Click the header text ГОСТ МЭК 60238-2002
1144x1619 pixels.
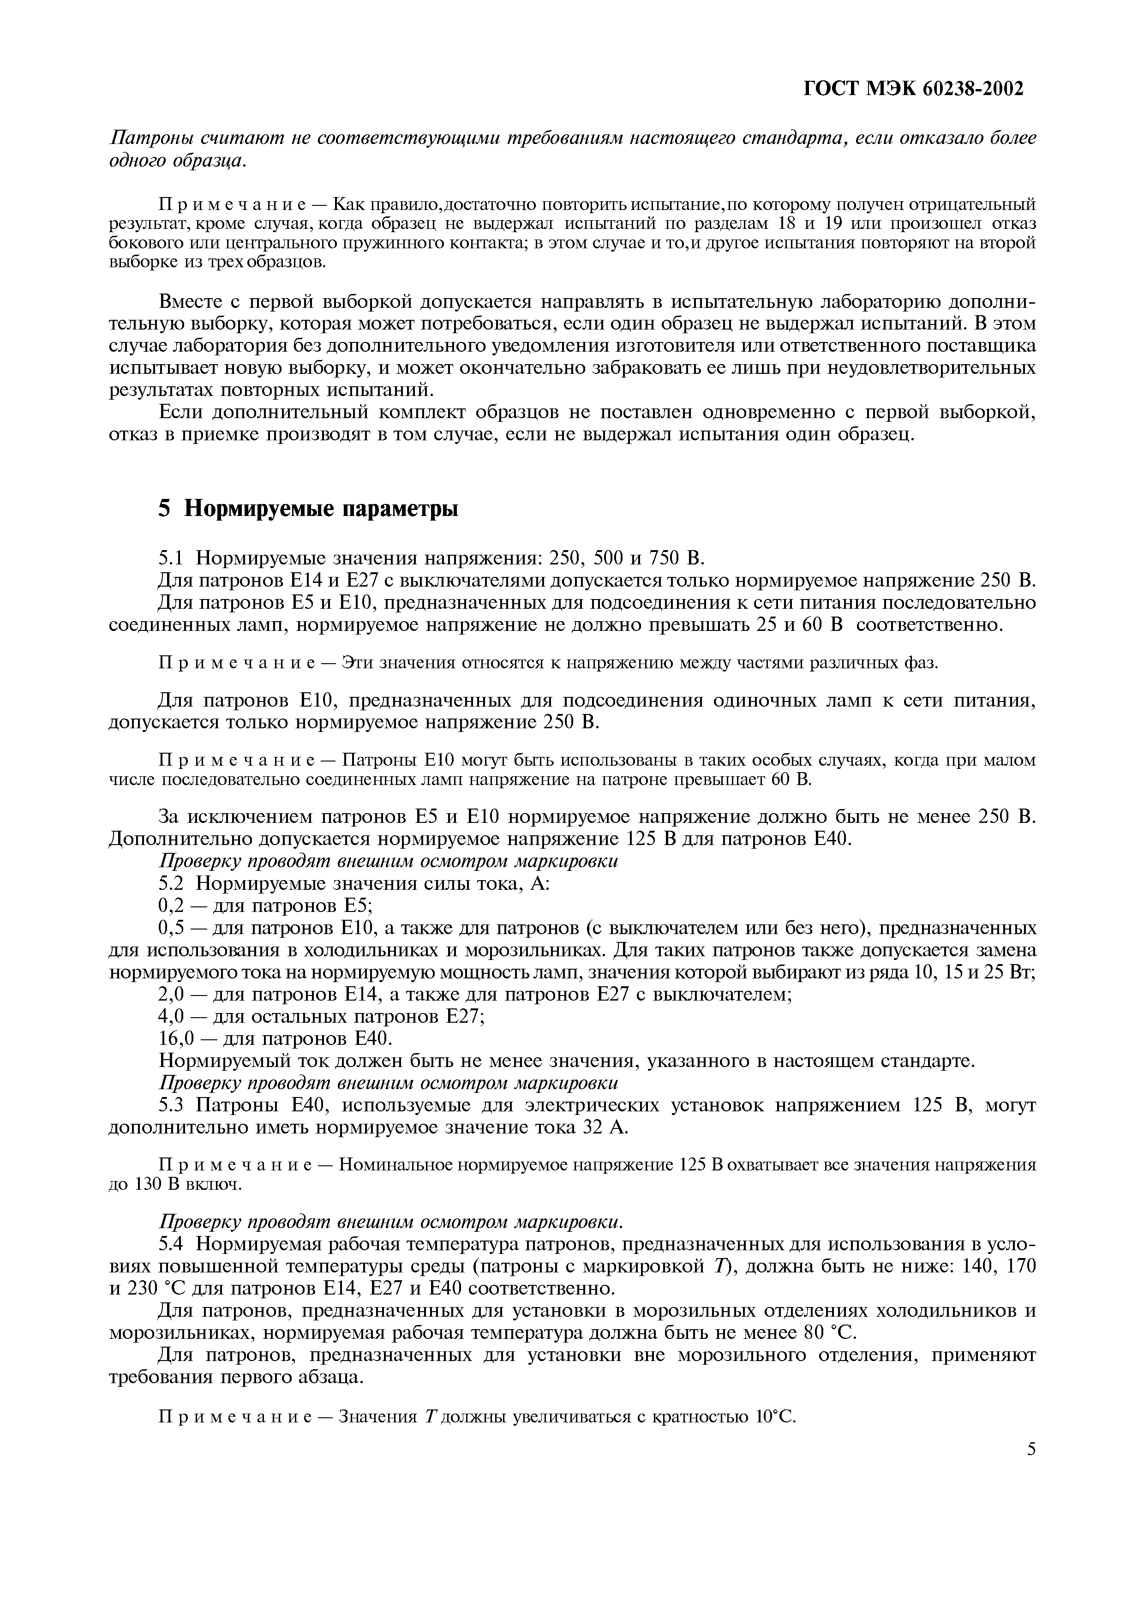pyautogui.click(x=914, y=89)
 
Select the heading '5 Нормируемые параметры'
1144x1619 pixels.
pyautogui.click(x=308, y=508)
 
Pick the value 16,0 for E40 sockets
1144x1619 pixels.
pyautogui.click(x=177, y=1039)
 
